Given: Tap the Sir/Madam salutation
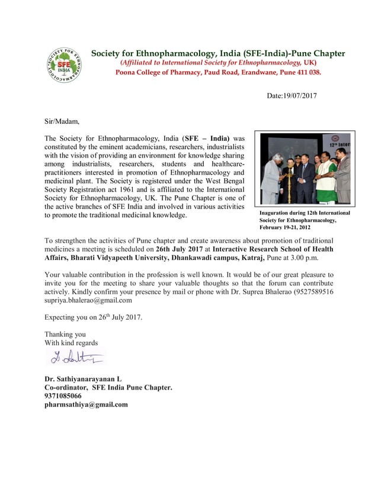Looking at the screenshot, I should (x=62, y=121).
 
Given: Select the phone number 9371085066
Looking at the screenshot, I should (x=63, y=396).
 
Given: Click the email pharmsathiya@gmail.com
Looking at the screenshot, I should (x=86, y=405).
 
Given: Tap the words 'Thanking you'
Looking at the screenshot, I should (x=65, y=334).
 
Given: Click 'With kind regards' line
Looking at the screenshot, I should (x=71, y=343).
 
